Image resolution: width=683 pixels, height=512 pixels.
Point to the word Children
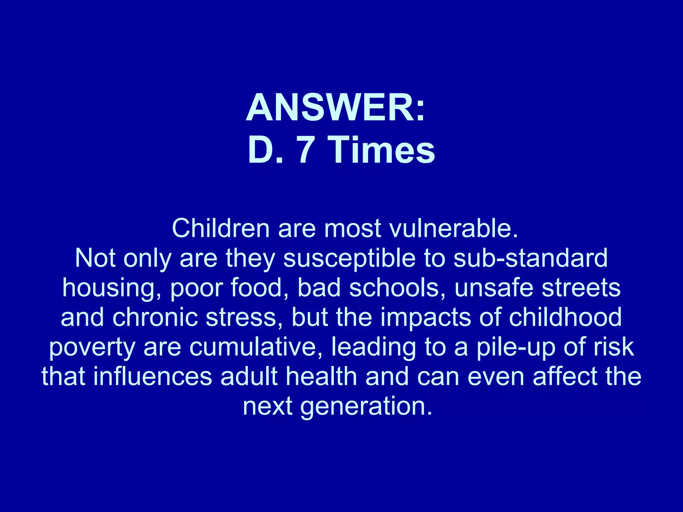tap(220, 229)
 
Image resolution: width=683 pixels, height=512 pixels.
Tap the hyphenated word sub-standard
tap(531, 258)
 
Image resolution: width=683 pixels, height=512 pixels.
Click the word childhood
tap(565, 317)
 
